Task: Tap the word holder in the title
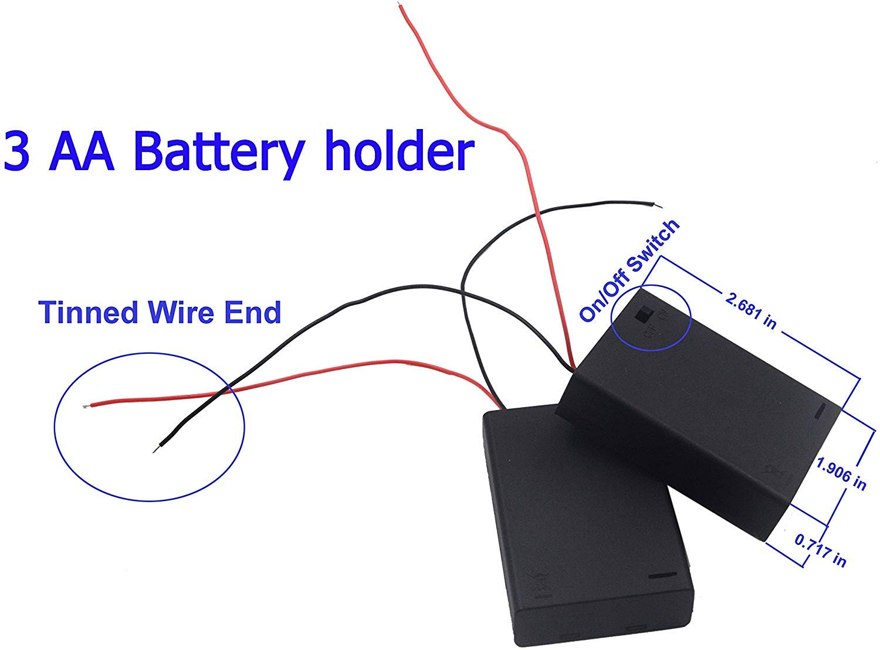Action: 400,151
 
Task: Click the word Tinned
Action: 90,312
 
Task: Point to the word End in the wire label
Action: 253,312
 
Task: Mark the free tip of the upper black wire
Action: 658,205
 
